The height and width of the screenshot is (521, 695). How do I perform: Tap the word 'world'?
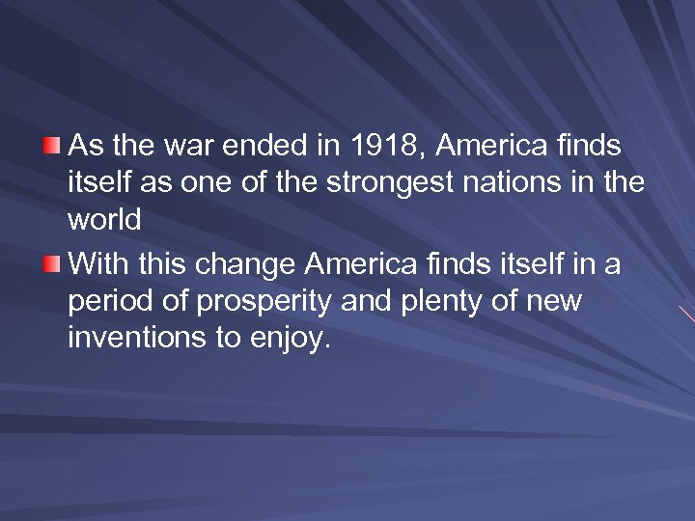click(105, 221)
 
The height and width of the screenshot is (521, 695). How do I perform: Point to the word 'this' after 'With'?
click(154, 261)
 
